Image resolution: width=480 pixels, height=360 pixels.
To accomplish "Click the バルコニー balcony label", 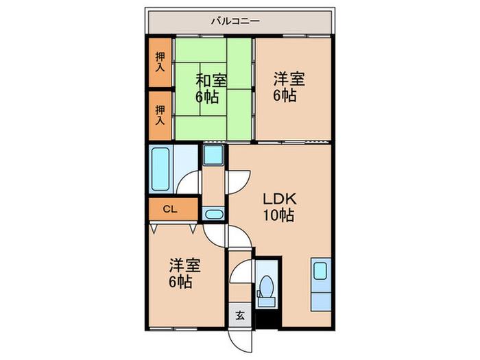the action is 235,21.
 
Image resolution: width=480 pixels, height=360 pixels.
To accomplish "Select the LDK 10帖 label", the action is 279,208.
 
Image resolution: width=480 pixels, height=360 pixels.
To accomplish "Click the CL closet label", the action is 170,209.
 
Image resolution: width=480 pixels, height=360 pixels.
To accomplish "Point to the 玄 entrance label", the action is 240,315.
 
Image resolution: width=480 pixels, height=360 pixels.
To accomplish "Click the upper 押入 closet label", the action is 160,62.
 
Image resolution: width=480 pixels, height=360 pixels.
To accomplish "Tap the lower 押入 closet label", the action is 160,115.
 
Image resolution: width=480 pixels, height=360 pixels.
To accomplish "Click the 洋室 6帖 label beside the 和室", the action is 289,86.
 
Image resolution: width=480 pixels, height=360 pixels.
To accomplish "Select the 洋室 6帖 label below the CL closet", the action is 184,274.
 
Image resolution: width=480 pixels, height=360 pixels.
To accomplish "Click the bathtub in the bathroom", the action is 160,169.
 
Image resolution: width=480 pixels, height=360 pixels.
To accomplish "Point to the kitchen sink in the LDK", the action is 320,271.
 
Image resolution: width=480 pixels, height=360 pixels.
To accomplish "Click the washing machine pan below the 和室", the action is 214,155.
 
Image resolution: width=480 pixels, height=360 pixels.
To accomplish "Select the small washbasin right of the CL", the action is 213,214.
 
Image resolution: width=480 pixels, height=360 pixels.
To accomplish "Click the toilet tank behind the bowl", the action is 266,302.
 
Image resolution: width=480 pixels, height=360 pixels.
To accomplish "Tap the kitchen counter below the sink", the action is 321,302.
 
